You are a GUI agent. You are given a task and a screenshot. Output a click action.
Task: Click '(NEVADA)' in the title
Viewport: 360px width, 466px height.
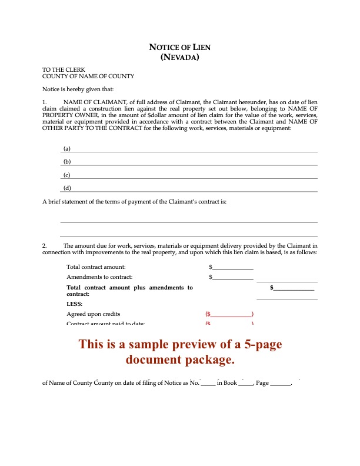[180, 57]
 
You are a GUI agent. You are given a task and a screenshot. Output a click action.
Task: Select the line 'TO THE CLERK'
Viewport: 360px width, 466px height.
[62, 69]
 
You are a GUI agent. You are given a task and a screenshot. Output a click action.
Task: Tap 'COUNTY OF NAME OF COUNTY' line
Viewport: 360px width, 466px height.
[88, 76]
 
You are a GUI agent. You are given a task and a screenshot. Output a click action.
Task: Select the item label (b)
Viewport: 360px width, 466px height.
[67, 161]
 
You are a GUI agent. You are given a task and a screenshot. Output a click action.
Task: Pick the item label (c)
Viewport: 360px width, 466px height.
[67, 175]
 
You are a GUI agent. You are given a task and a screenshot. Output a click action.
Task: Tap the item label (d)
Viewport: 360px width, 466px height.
[67, 188]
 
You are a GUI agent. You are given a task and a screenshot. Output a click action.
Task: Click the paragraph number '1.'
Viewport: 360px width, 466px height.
[45, 102]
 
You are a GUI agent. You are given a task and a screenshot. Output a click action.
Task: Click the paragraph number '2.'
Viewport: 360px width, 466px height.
[45, 245]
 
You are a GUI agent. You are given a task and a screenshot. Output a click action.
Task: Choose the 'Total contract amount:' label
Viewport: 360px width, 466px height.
[96, 267]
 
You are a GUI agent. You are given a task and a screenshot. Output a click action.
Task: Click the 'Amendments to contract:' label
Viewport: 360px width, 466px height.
[99, 277]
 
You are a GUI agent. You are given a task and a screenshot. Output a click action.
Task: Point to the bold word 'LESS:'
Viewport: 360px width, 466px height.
[74, 304]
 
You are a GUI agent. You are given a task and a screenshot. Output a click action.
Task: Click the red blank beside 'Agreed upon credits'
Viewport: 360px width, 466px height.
[230, 314]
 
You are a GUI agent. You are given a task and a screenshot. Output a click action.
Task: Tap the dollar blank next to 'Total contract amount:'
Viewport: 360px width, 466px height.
[233, 268]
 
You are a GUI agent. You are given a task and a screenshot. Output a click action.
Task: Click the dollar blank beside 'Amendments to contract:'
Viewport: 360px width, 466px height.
[233, 277]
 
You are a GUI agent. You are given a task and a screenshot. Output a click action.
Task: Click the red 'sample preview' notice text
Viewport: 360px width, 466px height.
[180, 351]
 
